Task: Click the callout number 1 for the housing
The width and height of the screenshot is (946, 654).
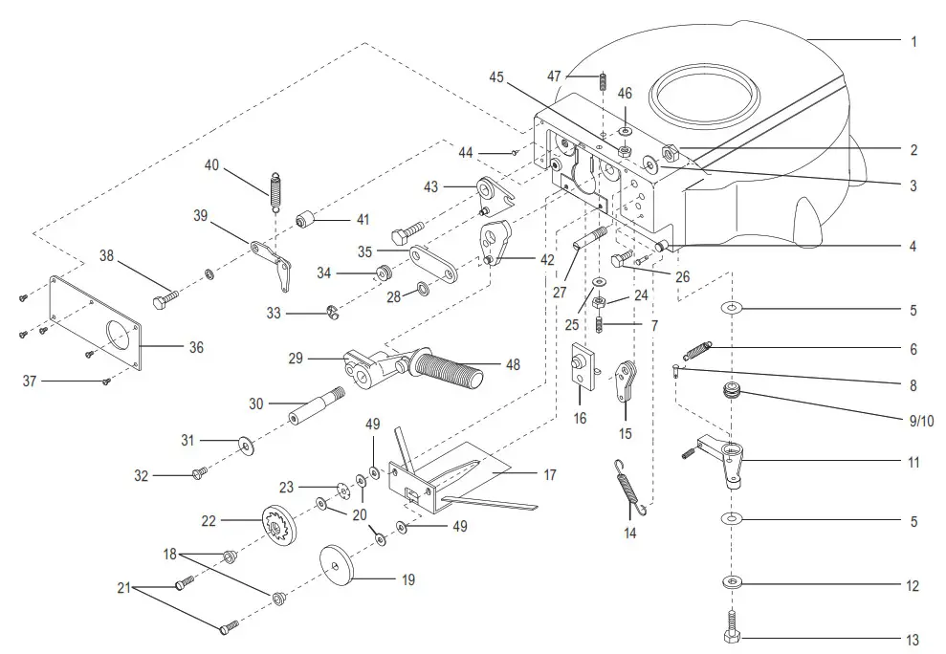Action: pyautogui.click(x=913, y=42)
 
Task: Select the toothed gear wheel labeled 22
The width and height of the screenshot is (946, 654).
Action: pyautogui.click(x=279, y=522)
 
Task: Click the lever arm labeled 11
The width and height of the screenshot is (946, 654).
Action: pyautogui.click(x=726, y=457)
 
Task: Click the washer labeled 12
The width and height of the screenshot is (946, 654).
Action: pyautogui.click(x=731, y=581)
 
